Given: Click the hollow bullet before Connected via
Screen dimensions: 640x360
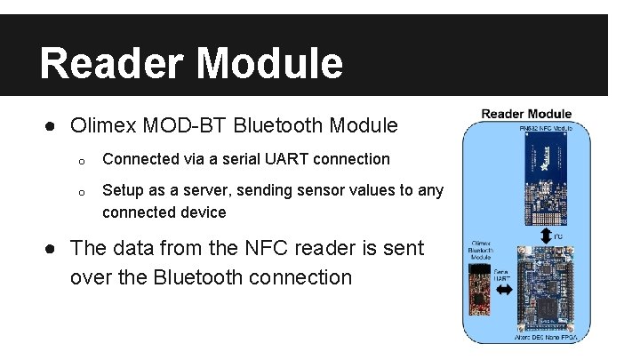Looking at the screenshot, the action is [80, 161].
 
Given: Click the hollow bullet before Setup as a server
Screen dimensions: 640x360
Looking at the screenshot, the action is [80, 192].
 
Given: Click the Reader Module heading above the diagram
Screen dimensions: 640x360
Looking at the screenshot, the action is [526, 114].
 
